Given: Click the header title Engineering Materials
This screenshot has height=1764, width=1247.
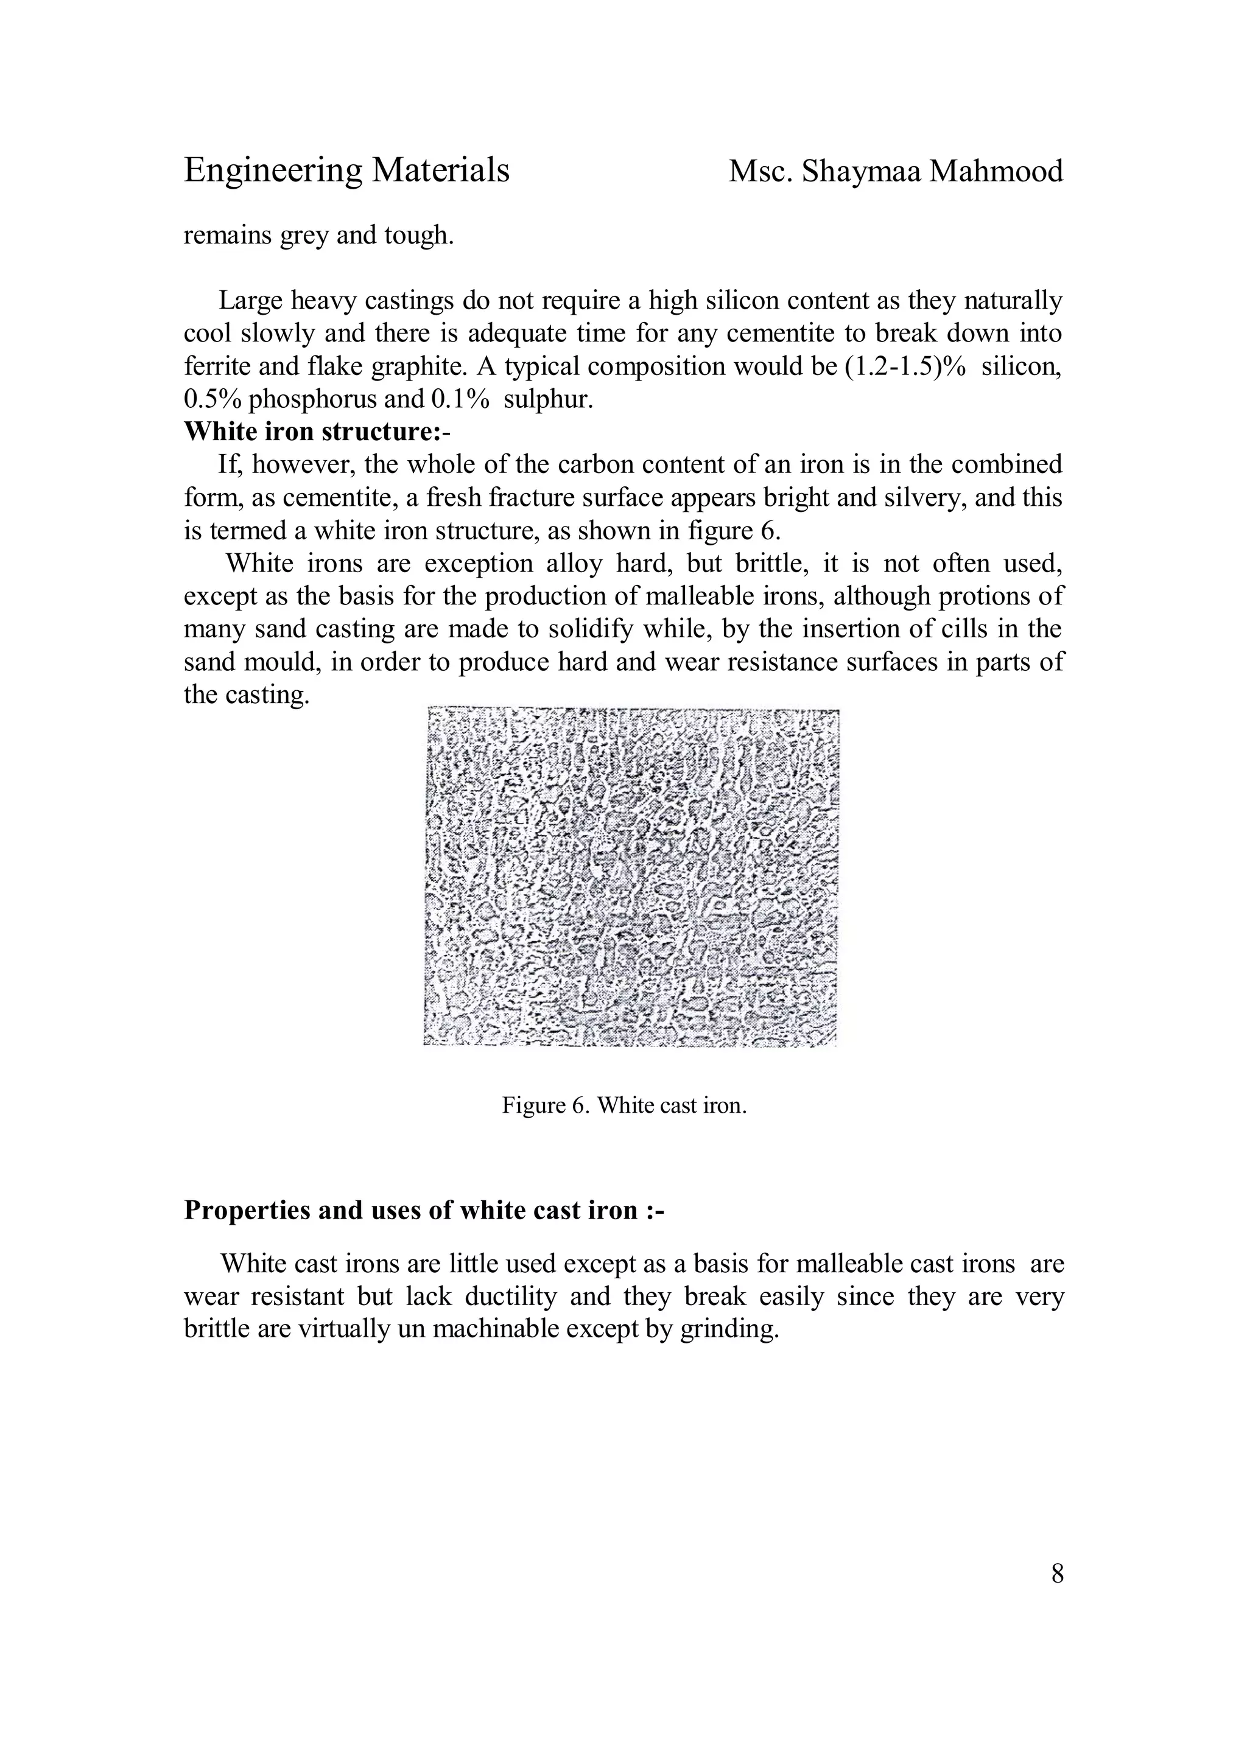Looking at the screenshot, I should [x=346, y=170].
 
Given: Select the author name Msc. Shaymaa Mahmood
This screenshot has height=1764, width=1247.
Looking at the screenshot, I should [x=895, y=170].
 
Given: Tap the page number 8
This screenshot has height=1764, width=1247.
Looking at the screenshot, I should [x=1057, y=1574].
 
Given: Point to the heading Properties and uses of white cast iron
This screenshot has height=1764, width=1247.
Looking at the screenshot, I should [x=423, y=1210].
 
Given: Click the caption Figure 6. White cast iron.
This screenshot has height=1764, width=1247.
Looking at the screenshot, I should [x=624, y=1105].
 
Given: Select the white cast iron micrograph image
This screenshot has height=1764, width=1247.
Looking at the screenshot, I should [x=631, y=877].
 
